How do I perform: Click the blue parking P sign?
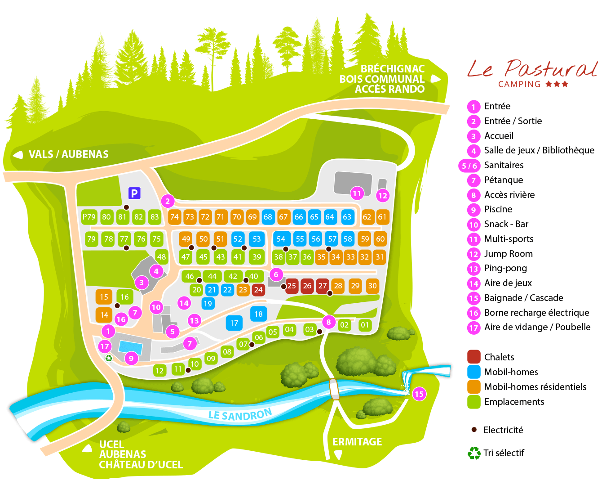tap(135, 193)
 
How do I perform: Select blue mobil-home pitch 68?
tap(268, 217)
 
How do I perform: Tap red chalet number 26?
tap(307, 286)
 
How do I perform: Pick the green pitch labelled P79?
tap(89, 217)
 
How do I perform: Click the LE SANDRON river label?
tap(240, 414)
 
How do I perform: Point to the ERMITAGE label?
tap(357, 442)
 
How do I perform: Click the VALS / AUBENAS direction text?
tap(69, 154)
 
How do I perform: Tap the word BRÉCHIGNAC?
tap(393, 69)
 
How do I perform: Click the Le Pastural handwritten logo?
tap(532, 69)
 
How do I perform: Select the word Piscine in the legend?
tap(498, 209)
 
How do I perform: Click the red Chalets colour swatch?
tap(474, 357)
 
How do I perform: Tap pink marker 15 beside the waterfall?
tap(419, 394)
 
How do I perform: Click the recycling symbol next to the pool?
tap(109, 358)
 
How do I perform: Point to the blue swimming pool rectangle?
tap(131, 348)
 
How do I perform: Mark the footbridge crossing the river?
tap(334, 389)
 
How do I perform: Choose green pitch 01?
tap(365, 325)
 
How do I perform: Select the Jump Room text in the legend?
tap(509, 254)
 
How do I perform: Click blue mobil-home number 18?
tap(259, 314)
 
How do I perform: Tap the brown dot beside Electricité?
tap(474, 430)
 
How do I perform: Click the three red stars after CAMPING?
tap(557, 84)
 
